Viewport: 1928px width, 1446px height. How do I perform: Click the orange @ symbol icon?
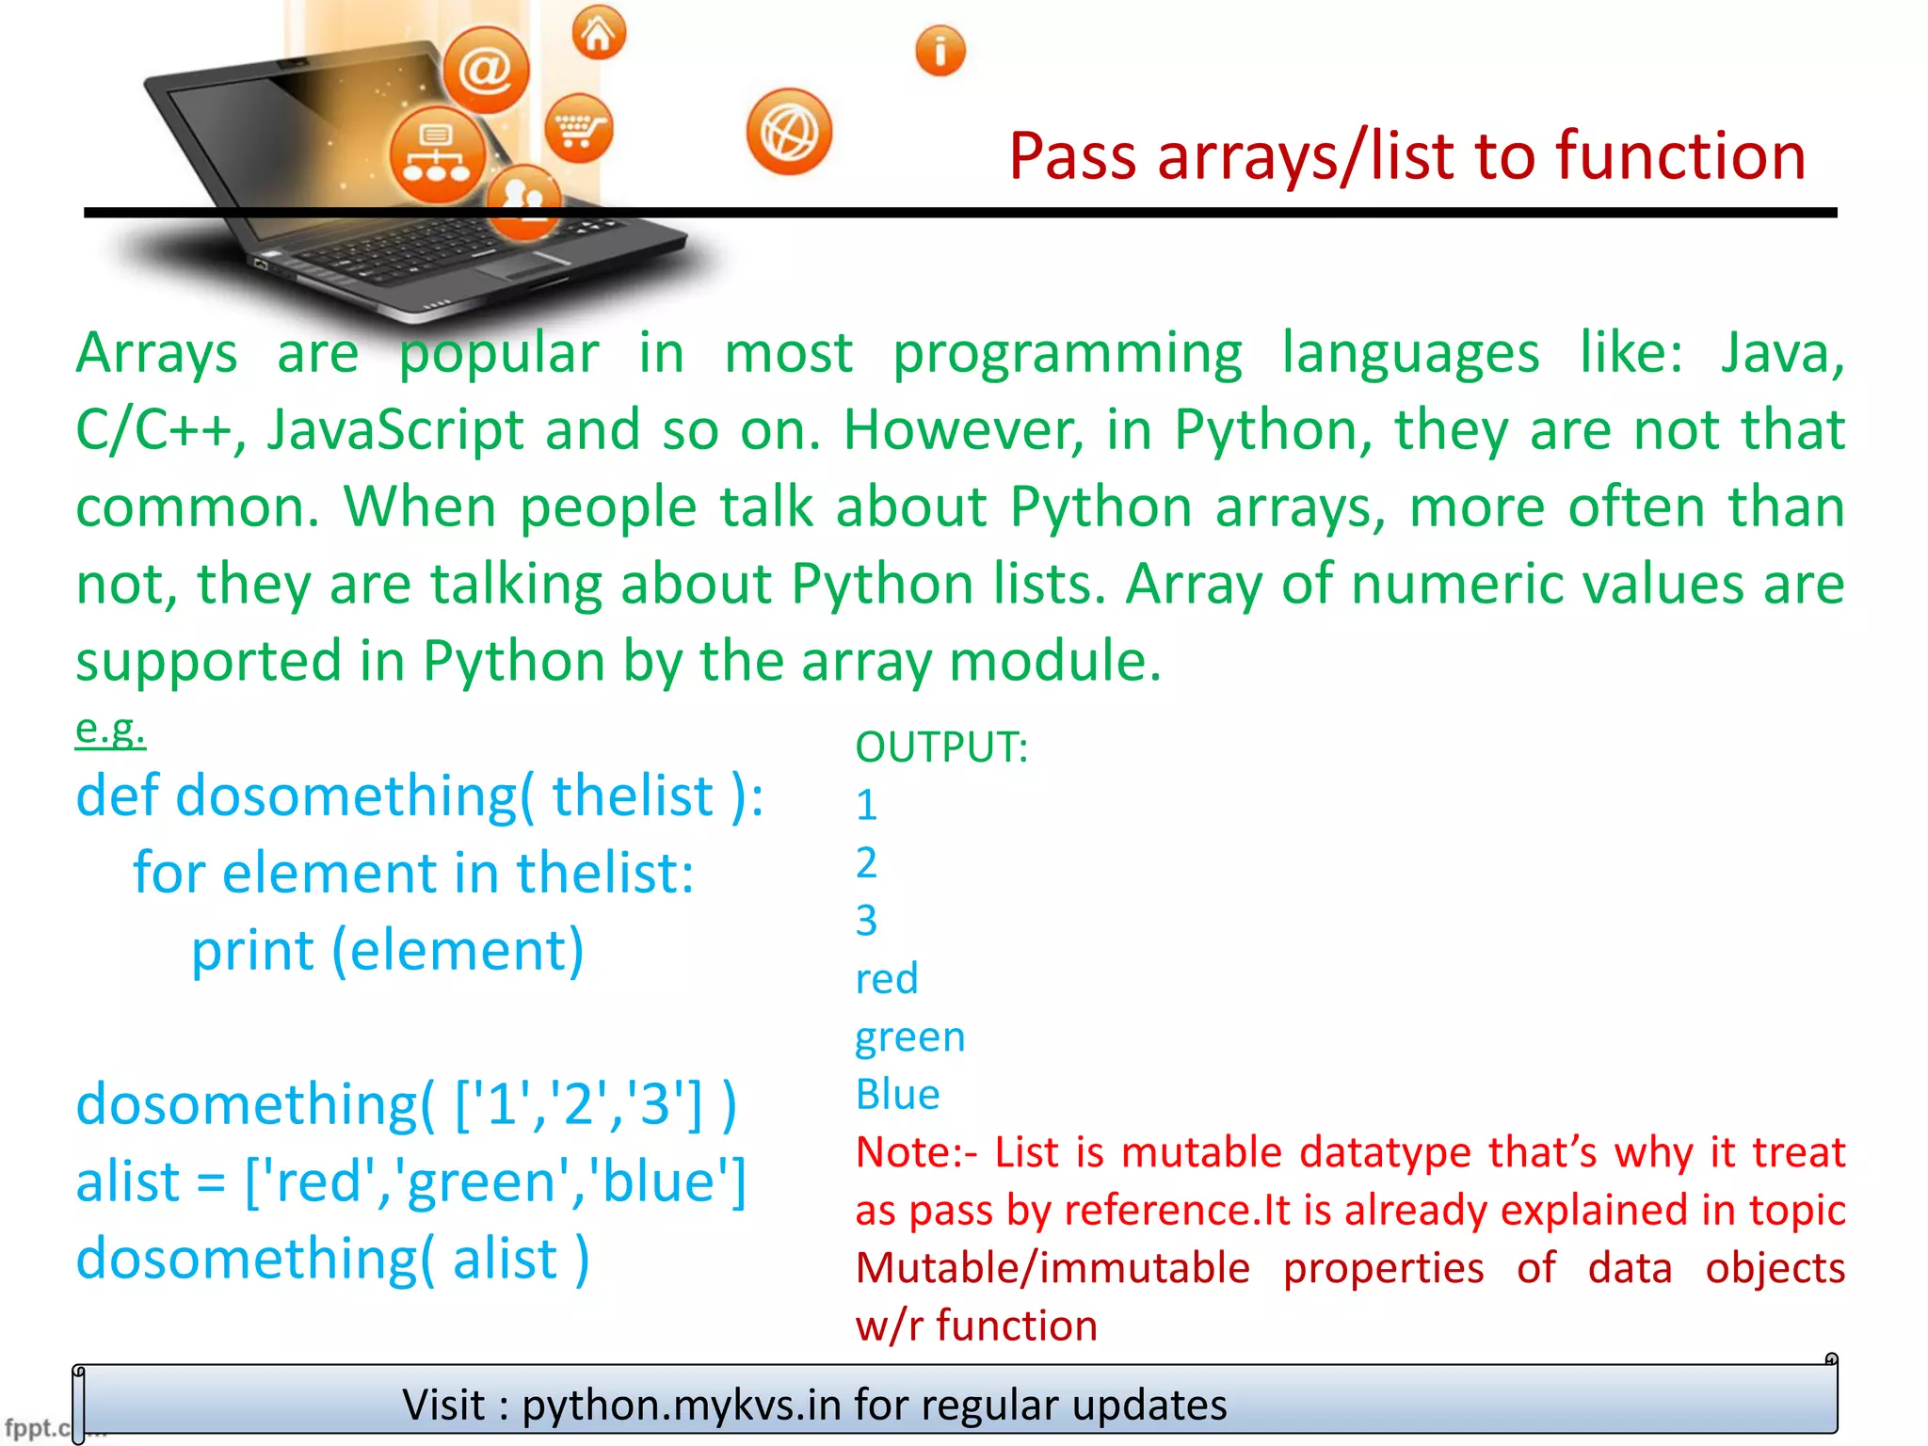tap(486, 70)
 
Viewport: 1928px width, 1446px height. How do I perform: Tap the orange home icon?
tap(599, 34)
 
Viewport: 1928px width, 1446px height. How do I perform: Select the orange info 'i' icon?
tap(940, 51)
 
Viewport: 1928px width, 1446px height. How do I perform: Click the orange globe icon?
tap(789, 133)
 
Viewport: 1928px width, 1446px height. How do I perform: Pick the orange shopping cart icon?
tap(578, 129)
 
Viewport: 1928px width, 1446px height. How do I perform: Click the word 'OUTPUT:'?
tap(941, 747)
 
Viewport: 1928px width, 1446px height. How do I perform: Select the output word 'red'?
tap(886, 979)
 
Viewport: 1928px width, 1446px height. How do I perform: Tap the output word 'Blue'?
tap(897, 1095)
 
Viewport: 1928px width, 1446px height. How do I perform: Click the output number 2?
tap(866, 862)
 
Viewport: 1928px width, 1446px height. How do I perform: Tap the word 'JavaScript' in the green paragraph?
tap(395, 430)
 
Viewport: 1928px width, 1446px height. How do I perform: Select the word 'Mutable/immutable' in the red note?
tap(1052, 1268)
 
